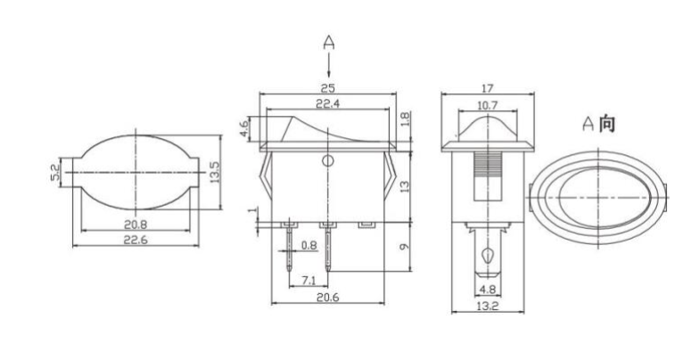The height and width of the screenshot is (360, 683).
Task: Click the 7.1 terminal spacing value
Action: point(309,281)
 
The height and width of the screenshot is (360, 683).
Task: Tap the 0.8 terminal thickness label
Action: point(309,245)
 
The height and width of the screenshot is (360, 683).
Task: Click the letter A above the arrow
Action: point(329,41)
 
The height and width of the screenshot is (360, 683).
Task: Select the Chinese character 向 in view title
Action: point(605,124)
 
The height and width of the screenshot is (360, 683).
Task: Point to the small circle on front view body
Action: point(327,161)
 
